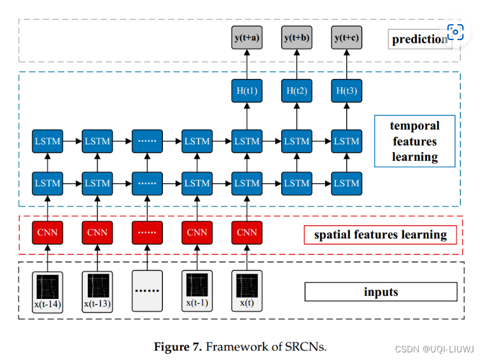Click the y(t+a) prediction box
coord(246,38)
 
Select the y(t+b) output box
coord(296,38)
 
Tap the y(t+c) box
coord(346,38)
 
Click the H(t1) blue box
coord(246,91)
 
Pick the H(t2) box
coord(296,91)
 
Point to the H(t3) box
coord(346,91)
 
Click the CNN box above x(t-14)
coord(48,232)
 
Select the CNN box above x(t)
coord(246,232)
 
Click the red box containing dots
coord(147,232)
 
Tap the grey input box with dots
coord(147,291)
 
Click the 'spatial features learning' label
coord(380,235)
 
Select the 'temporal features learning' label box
coord(414,141)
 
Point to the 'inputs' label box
coord(381,292)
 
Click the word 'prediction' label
coord(419,39)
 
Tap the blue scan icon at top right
coord(456,32)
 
